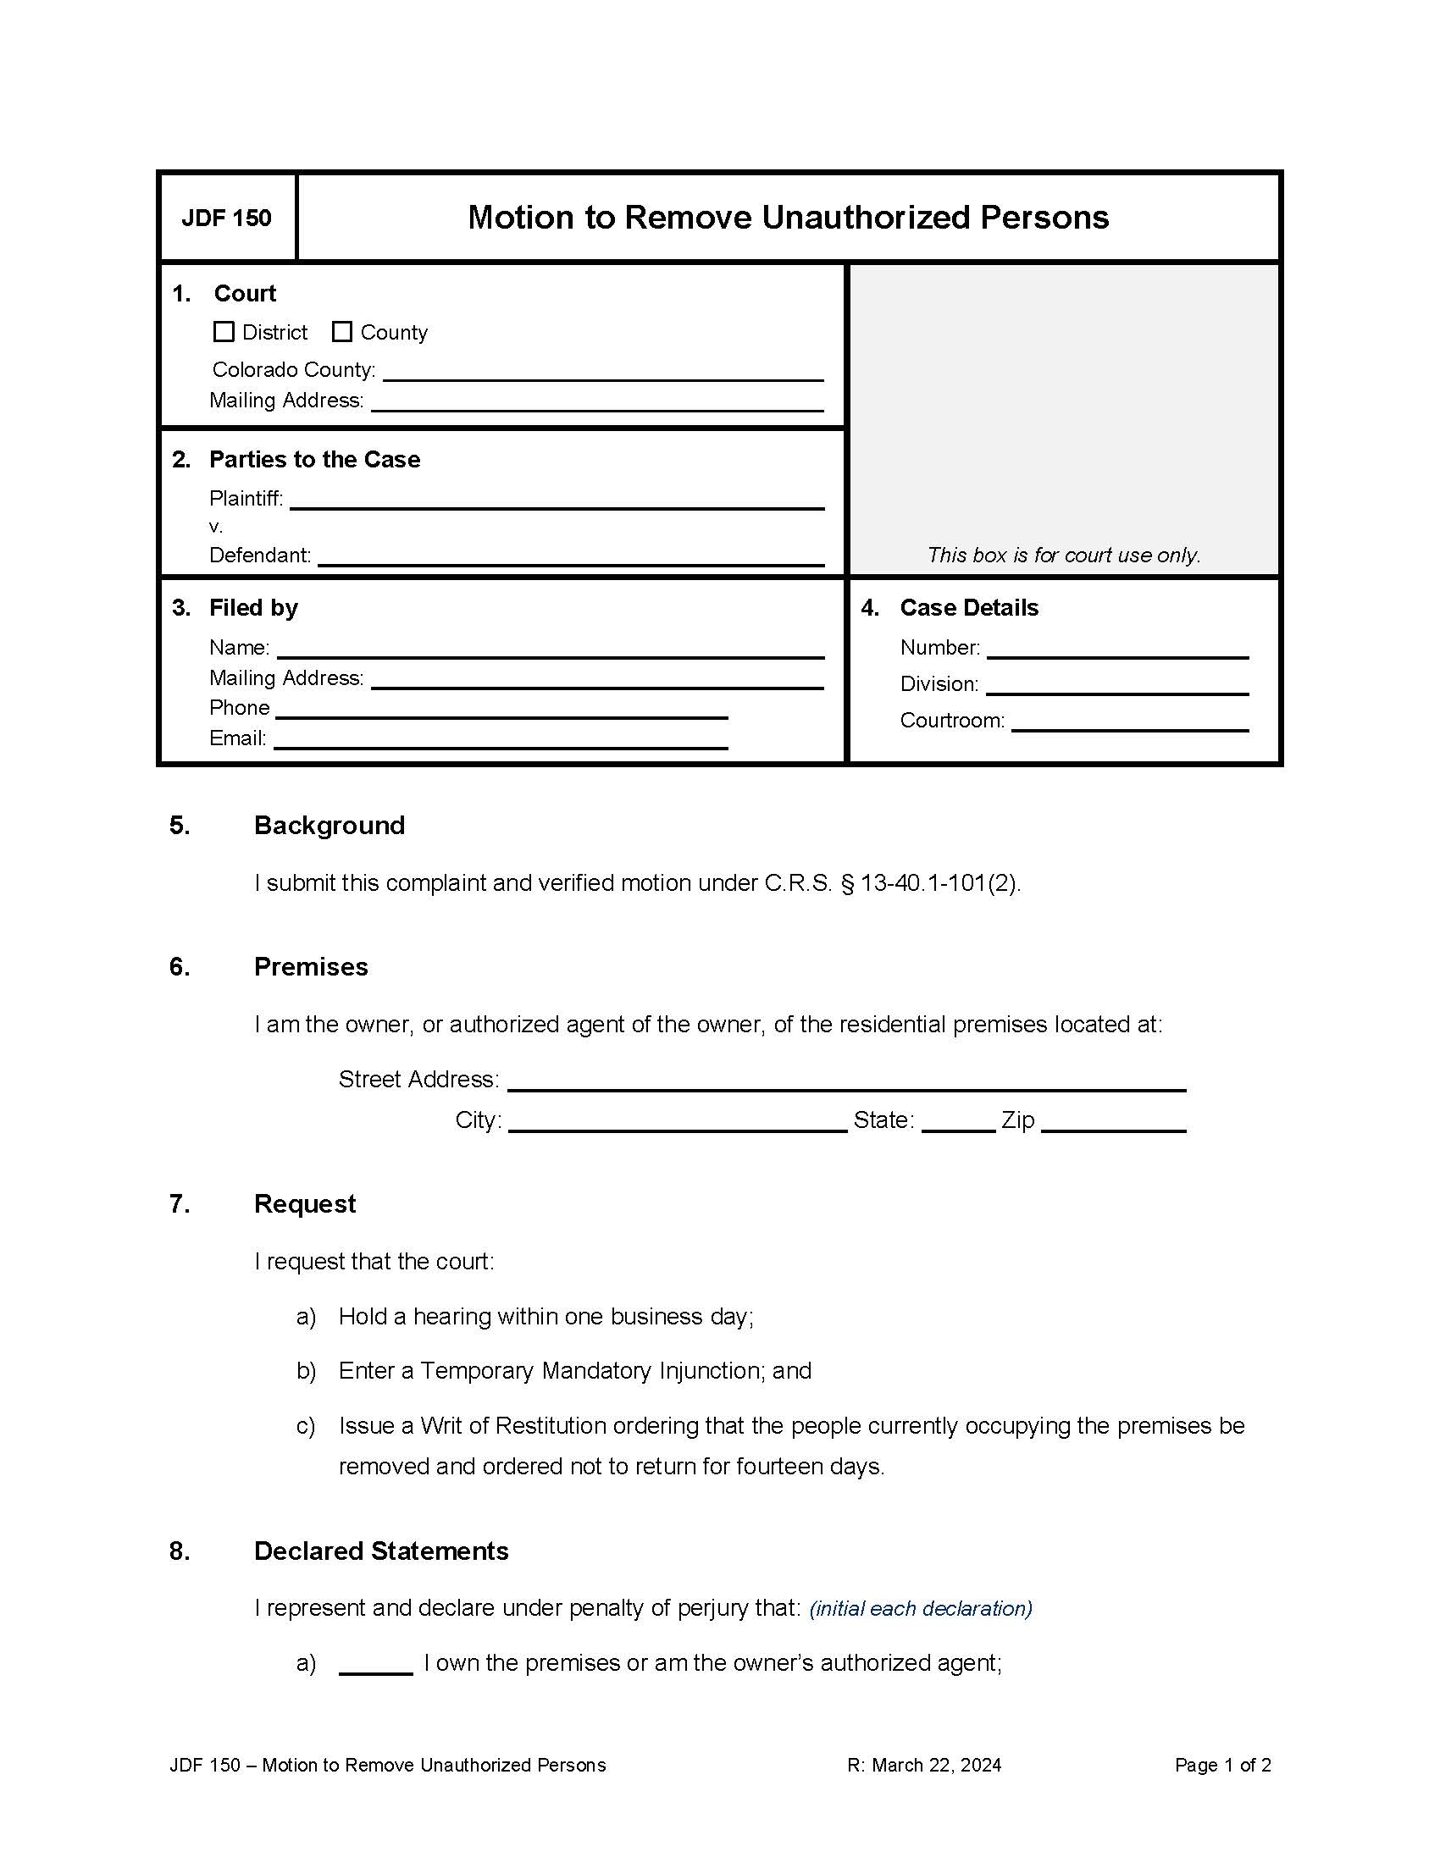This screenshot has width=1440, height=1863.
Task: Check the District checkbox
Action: (x=224, y=332)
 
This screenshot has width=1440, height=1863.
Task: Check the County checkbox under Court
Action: (x=342, y=332)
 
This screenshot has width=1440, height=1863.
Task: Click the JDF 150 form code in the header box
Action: (x=226, y=218)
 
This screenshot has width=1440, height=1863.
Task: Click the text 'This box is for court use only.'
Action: (x=1063, y=556)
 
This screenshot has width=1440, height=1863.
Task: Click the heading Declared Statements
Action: (x=380, y=1551)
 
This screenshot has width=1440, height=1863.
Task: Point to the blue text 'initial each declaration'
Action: (x=921, y=1609)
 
